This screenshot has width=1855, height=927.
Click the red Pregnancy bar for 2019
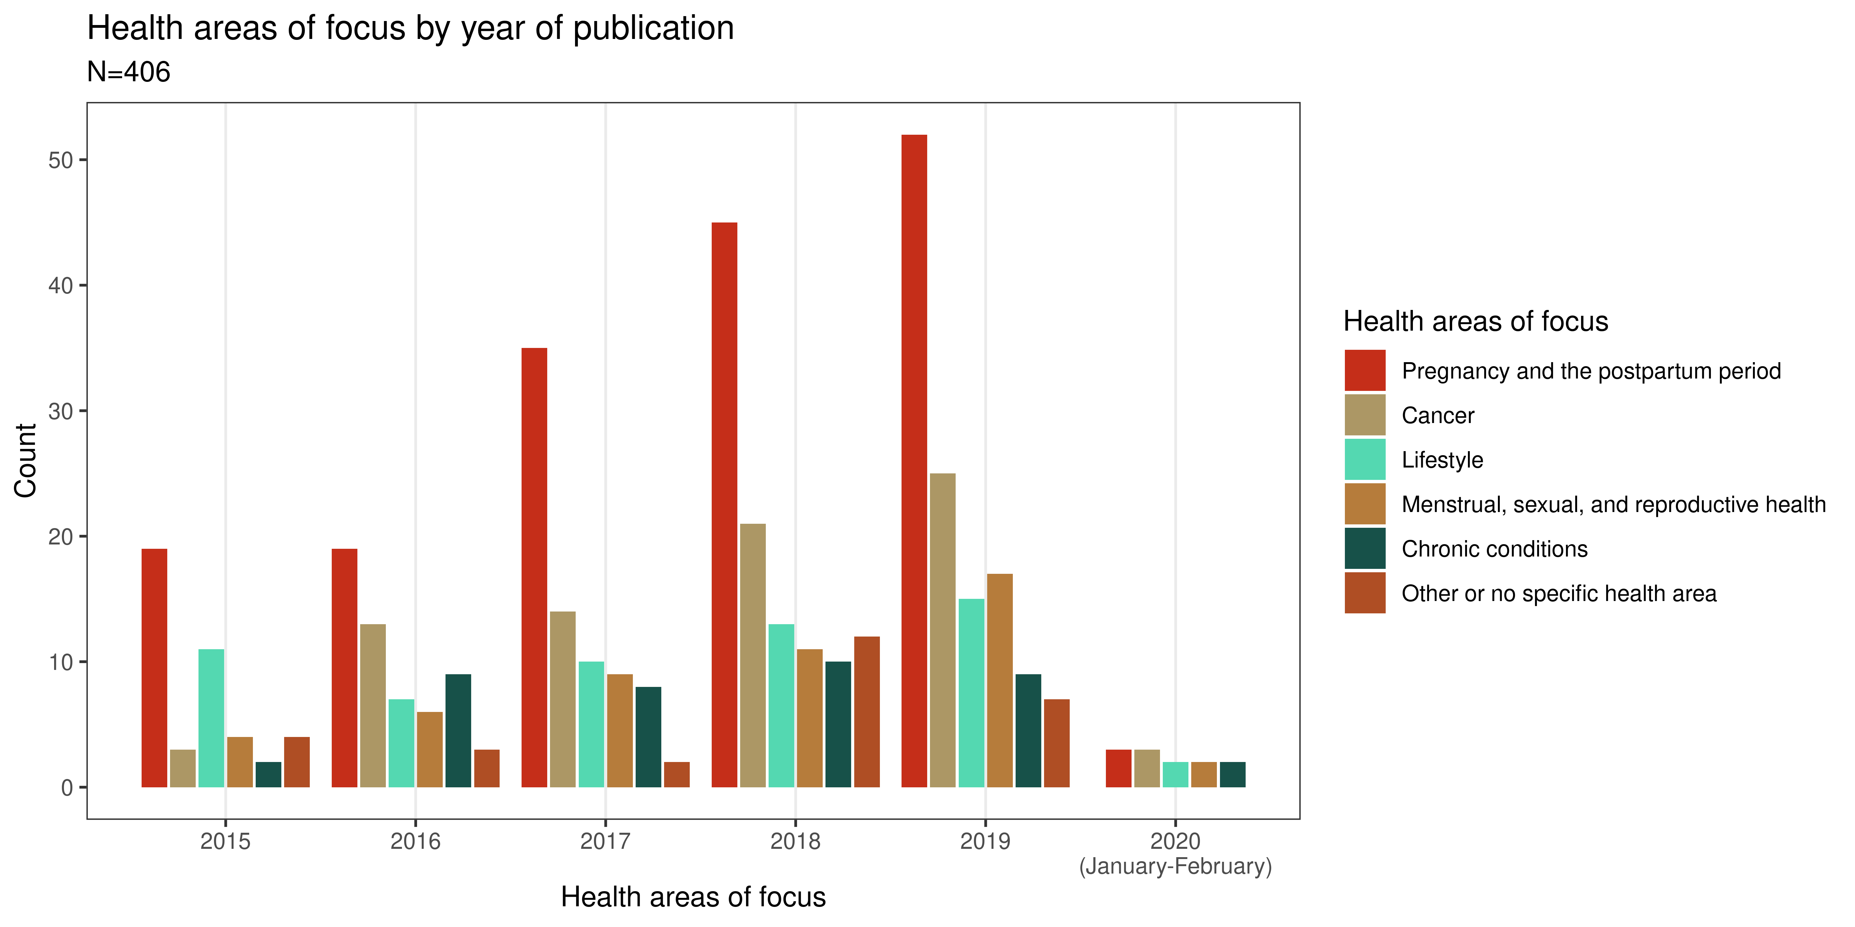(914, 461)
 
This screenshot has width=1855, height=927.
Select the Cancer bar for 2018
(753, 655)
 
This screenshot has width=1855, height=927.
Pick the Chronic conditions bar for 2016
(458, 730)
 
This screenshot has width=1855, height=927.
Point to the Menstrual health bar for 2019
(1000, 680)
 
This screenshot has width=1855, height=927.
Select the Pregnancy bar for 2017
(534, 567)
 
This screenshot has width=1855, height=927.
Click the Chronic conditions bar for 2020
(1232, 774)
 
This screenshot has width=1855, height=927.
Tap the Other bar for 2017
(676, 774)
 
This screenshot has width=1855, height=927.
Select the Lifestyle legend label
(1442, 460)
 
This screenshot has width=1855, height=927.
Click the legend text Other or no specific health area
(1558, 594)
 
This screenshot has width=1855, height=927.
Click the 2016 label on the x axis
(416, 840)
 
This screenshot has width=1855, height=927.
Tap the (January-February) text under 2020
(1175, 866)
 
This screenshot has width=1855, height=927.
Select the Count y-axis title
(26, 461)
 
